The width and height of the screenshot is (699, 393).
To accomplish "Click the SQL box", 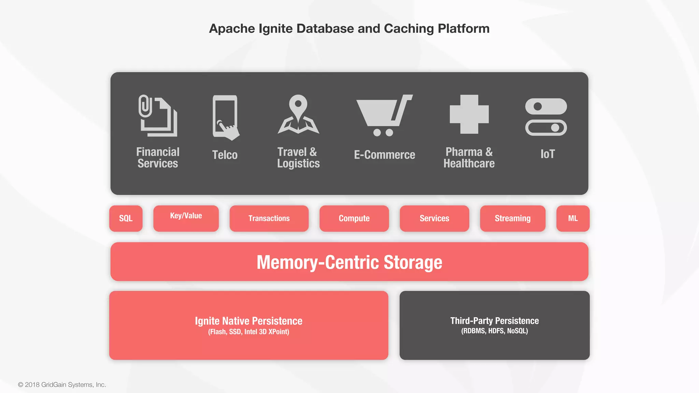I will pyautogui.click(x=126, y=218).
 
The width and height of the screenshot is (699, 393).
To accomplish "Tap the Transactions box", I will pyautogui.click(x=269, y=218).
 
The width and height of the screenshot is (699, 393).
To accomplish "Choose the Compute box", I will pyautogui.click(x=354, y=218).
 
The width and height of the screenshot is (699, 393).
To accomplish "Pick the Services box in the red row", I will pyautogui.click(x=434, y=218).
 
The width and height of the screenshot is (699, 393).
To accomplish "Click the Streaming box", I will pyautogui.click(x=512, y=218).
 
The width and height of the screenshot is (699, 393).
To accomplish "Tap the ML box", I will pyautogui.click(x=573, y=218).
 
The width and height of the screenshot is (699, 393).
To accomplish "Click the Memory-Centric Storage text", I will pyautogui.click(x=349, y=262).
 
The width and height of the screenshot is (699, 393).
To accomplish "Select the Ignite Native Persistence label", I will pyautogui.click(x=248, y=321).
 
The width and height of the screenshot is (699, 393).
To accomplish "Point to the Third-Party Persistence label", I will pyautogui.click(x=494, y=321).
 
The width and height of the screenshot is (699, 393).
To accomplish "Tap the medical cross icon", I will pyautogui.click(x=469, y=114).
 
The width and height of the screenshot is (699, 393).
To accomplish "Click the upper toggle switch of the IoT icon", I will pyautogui.click(x=546, y=106).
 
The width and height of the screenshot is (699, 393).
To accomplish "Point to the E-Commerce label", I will pyautogui.click(x=384, y=155).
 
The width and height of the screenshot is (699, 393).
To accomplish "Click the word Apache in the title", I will pyautogui.click(x=232, y=29).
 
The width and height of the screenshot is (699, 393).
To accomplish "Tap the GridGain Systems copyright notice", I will pyautogui.click(x=62, y=384).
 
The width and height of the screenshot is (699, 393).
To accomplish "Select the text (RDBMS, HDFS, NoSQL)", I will pyautogui.click(x=494, y=331).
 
